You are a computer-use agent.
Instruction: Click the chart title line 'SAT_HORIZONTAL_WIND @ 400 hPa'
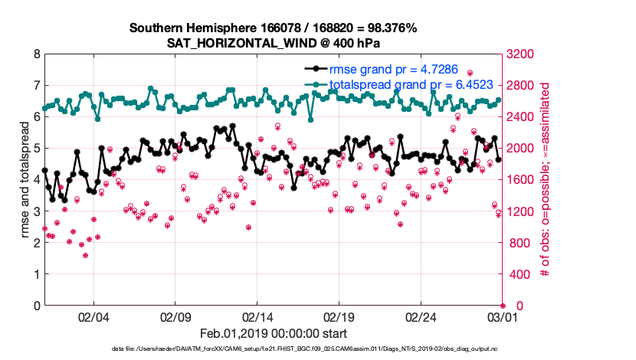coord(273,43)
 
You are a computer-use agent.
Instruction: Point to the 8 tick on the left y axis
coord(36,54)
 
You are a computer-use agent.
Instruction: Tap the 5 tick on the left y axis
coord(36,149)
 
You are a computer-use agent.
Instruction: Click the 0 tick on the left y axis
coord(36,306)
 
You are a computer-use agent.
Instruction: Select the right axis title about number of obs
coord(546,179)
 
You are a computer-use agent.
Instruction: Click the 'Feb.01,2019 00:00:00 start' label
coord(274,333)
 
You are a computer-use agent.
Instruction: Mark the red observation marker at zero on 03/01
coord(503,306)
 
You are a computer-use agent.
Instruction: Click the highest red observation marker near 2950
coord(470,74)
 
